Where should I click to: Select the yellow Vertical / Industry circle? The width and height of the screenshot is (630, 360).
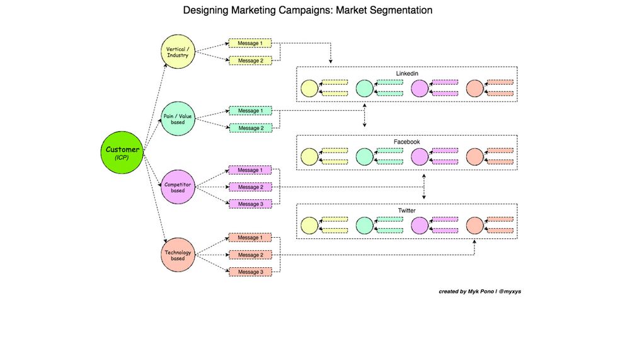[x=178, y=52]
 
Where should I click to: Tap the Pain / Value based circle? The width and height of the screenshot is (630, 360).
[x=178, y=119]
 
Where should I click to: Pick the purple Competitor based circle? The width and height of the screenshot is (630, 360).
[x=178, y=187]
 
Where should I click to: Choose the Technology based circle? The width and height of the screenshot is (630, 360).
[x=178, y=255]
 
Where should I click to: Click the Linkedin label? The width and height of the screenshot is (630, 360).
[x=406, y=74]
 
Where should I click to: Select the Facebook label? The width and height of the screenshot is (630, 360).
[x=406, y=142]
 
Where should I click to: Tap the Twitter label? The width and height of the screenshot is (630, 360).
[x=406, y=211]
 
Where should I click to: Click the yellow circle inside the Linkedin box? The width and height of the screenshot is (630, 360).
[x=309, y=88]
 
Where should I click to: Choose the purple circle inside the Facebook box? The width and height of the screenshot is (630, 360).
[x=420, y=156]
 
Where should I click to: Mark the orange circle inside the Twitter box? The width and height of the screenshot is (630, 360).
[x=474, y=225]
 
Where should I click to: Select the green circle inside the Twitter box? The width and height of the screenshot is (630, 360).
[x=364, y=225]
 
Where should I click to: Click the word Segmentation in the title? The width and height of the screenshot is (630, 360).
[x=398, y=11]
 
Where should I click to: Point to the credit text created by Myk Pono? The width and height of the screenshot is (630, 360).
[x=480, y=292]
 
